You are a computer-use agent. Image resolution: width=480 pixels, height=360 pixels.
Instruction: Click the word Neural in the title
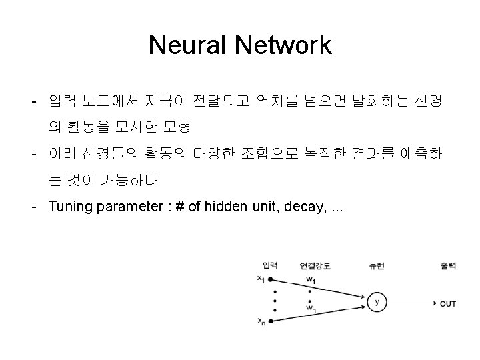click(x=188, y=45)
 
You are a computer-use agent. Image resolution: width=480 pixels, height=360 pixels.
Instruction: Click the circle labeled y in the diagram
click(x=377, y=303)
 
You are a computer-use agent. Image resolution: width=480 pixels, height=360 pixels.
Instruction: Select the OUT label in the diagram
click(x=448, y=303)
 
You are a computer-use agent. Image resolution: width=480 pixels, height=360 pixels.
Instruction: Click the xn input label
click(x=261, y=321)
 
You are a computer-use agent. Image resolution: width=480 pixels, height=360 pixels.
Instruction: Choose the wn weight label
click(x=311, y=308)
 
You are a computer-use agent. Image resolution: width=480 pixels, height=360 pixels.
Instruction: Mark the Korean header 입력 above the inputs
click(x=271, y=265)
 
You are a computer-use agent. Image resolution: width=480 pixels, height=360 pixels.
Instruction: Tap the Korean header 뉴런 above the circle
click(x=377, y=265)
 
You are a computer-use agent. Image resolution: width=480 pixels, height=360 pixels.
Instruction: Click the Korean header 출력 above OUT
click(x=448, y=265)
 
